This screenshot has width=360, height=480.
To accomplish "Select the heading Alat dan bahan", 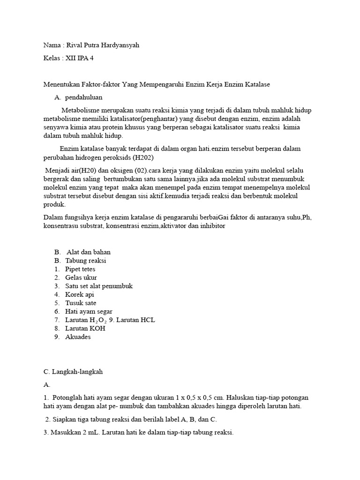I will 89,252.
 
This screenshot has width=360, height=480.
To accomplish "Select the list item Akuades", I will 78,337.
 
